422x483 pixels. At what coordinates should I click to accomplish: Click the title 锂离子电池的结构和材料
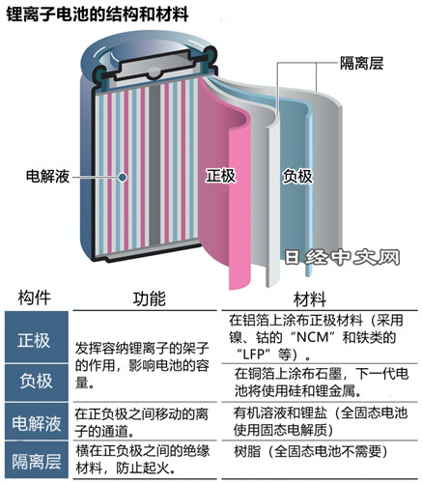pyautogui.click(x=98, y=14)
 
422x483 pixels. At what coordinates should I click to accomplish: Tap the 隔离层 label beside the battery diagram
pyautogui.click(x=361, y=63)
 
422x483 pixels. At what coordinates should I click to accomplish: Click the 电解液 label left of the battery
pyautogui.click(x=47, y=176)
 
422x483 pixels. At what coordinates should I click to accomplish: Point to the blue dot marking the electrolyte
pyautogui.click(x=123, y=177)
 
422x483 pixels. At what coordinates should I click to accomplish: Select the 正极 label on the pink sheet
pyautogui.click(x=221, y=176)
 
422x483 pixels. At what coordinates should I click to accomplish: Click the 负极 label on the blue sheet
pyautogui.click(x=297, y=177)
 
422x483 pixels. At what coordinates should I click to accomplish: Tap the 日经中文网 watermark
pyautogui.click(x=342, y=258)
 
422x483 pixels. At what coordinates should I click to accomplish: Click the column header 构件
pyautogui.click(x=35, y=298)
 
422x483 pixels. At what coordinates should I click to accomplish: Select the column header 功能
pyautogui.click(x=150, y=298)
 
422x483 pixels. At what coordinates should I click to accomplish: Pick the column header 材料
pyautogui.click(x=310, y=299)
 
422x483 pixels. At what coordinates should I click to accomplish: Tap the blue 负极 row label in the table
pyautogui.click(x=36, y=381)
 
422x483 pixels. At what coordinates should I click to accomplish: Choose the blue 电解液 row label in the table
pyautogui.click(x=37, y=423)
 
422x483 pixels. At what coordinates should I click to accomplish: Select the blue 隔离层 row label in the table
pyautogui.click(x=37, y=462)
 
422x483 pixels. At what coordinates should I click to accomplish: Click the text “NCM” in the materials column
pyautogui.click(x=313, y=337)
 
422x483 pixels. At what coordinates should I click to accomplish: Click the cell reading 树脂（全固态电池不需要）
pyautogui.click(x=312, y=451)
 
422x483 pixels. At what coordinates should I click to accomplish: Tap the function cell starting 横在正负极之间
pyautogui.click(x=143, y=459)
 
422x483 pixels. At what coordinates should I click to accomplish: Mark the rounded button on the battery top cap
pyautogui.click(x=153, y=73)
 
